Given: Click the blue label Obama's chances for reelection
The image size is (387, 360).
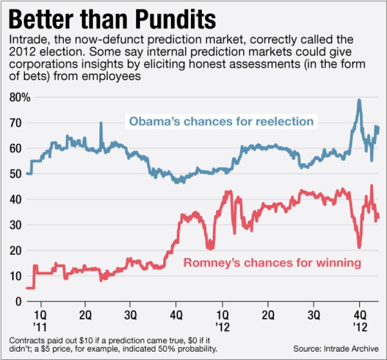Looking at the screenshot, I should point(221,122).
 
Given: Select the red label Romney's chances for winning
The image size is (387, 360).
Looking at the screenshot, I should point(272,263).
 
